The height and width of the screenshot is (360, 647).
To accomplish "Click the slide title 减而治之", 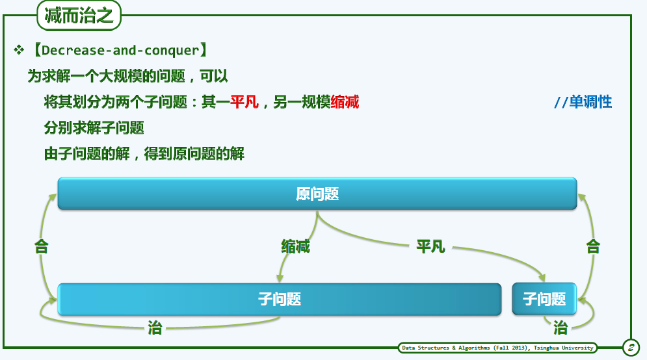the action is coord(79,16).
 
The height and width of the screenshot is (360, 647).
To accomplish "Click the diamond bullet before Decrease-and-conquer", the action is coord(19,50).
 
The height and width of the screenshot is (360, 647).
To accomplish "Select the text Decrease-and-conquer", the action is coord(120,50).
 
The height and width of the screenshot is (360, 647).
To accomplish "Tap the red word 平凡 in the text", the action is coord(244,102).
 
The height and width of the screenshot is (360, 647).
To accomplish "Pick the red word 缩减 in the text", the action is coord(345,102).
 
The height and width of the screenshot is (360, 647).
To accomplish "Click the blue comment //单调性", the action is coord(583,102).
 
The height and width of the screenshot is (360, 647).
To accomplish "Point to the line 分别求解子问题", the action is coord(94,128).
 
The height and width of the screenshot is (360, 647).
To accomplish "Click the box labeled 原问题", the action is coord(317,194).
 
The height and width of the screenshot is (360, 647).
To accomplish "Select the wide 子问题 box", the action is coord(280,300).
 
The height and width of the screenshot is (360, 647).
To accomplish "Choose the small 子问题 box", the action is coord(544,299).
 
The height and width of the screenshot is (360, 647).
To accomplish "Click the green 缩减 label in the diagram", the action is coord(295,246).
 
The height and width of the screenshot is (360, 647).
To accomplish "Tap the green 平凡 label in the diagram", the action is coord(430,246).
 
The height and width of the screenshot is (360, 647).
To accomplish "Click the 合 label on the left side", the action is coord(41,246).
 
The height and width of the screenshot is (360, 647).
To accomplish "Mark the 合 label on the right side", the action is coord(593,246).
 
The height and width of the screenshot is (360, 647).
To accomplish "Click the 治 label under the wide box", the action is coord(155,328).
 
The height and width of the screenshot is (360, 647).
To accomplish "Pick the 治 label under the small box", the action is coord(561,328).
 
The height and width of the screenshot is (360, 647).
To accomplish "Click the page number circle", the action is coord(631,348).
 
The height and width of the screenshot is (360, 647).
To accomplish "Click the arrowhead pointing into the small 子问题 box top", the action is coord(542,278).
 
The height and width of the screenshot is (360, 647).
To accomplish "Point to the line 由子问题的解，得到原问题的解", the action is coord(144,154).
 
